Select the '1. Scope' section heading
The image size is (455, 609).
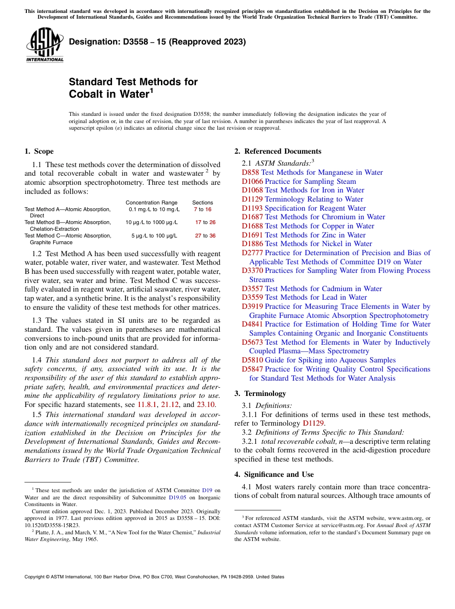[39, 151]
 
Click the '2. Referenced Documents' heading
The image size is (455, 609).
[278, 151]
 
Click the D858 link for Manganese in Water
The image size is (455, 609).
[250, 172]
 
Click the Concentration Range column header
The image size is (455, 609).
[151, 203]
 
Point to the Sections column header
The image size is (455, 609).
[203, 203]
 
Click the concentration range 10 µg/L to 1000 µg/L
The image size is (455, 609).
[151, 222]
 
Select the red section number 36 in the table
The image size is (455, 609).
[212, 236]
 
